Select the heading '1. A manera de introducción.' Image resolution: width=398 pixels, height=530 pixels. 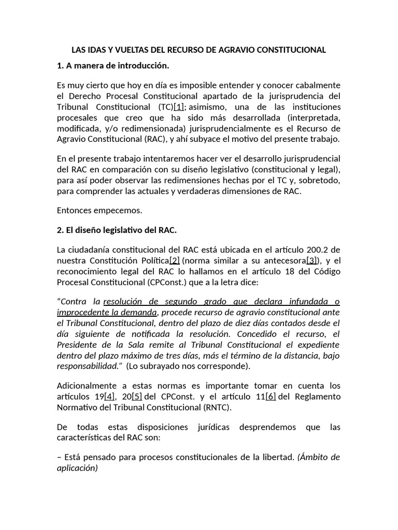pos(113,66)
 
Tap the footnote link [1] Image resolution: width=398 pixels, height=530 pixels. pos(179,107)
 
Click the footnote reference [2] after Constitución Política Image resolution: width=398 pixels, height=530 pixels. pos(175,260)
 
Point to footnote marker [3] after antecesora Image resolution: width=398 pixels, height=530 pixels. pos(312,260)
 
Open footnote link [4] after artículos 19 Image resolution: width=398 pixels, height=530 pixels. pos(109,396)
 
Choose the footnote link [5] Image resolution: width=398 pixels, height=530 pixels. pos(137,396)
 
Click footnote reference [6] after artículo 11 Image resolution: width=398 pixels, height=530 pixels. pos(271,396)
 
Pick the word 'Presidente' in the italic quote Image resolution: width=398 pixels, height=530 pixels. pos(76,344)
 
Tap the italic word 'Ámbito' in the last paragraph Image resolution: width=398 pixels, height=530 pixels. pos(314,457)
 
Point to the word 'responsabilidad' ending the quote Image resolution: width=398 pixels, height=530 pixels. pos(88,366)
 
